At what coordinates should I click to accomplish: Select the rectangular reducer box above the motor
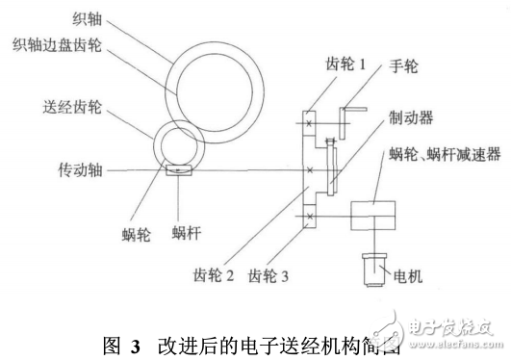pyautogui.click(x=372, y=218)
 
